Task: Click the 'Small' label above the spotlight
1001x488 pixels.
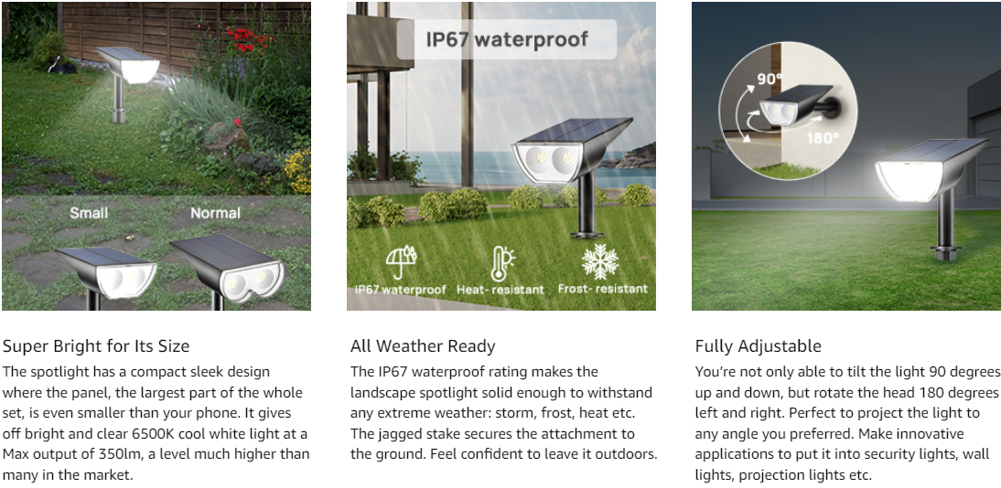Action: coord(89,212)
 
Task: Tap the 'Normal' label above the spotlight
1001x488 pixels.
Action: coord(215,212)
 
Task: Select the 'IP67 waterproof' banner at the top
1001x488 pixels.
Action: coord(507,39)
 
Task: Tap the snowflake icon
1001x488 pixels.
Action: coord(600,260)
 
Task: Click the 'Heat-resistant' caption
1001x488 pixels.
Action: coord(500,290)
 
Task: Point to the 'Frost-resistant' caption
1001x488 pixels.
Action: coord(603,289)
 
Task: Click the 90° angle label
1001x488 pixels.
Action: coord(770,80)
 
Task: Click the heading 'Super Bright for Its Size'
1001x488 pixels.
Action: coord(96,346)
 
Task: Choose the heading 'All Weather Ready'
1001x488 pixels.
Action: coord(423,346)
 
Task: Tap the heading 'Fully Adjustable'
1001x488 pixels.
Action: coord(759,346)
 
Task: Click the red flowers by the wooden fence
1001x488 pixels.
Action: coord(249,39)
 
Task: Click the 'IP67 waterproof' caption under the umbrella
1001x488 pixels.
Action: coord(400,290)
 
